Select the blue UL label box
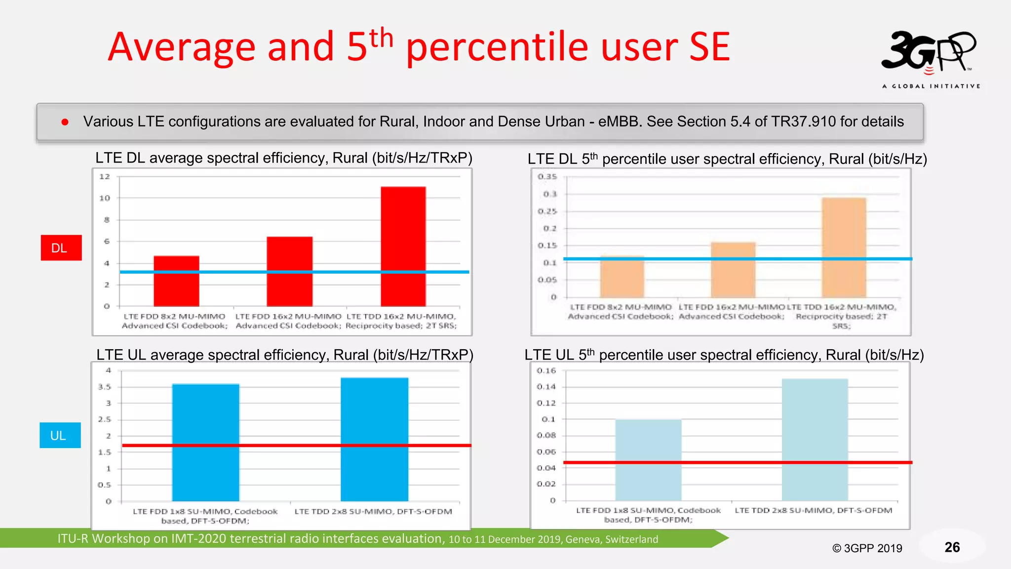(60, 435)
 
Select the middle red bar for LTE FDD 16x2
(289, 271)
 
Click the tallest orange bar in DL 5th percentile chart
(844, 247)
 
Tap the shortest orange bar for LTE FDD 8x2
(622, 277)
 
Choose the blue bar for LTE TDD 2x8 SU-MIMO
(374, 439)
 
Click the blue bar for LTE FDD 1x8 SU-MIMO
(205, 442)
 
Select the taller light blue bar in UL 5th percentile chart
(815, 439)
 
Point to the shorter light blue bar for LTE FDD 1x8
(648, 459)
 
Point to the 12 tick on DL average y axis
(105, 176)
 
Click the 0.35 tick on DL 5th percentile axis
(547, 176)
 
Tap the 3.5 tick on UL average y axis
(105, 387)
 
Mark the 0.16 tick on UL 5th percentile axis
(546, 370)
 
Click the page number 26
(952, 547)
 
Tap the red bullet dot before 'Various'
(65, 122)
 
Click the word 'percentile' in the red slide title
(497, 48)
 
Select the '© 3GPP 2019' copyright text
(867, 548)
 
